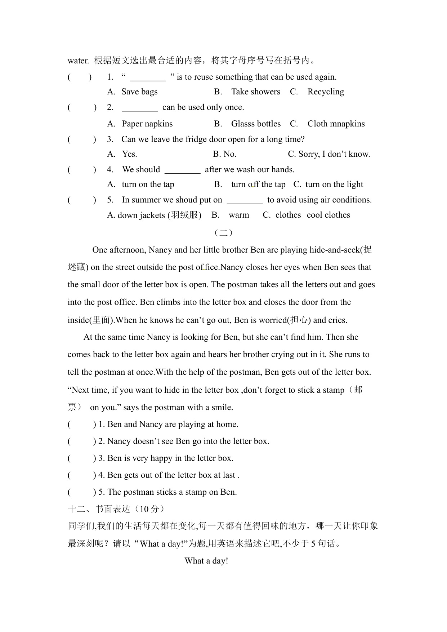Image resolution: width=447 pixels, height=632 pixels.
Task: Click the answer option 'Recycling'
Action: (x=326, y=92)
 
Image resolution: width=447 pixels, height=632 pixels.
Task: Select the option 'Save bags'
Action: (x=139, y=92)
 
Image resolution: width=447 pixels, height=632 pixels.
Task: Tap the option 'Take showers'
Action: (x=255, y=92)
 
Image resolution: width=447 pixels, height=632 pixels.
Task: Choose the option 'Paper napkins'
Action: (x=147, y=124)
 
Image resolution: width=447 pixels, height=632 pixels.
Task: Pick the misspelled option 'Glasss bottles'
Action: (x=256, y=124)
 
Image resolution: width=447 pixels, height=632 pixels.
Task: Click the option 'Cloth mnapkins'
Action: (x=336, y=124)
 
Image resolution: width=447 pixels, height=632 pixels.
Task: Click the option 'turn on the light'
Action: (x=334, y=184)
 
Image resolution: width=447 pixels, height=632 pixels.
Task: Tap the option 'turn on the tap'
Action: (x=148, y=184)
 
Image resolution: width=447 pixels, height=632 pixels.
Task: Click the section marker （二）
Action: (x=223, y=233)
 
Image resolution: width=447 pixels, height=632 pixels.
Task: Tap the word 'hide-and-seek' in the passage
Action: (x=335, y=250)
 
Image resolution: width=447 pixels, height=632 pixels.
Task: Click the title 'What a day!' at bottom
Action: (x=206, y=561)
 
